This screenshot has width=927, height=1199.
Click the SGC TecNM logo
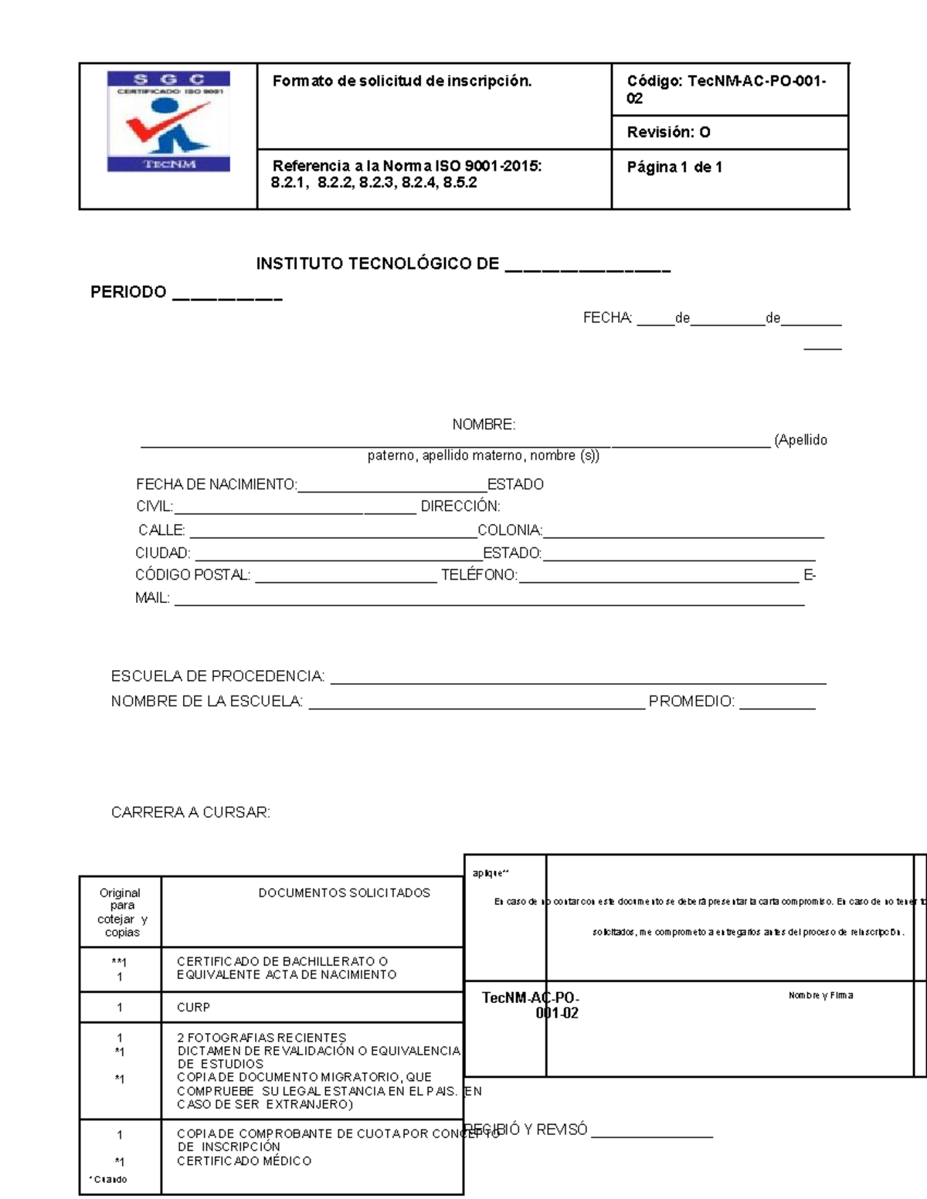(168, 121)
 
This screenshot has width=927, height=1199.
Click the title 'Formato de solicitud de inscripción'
(402, 81)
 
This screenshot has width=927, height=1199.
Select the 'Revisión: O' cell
(668, 132)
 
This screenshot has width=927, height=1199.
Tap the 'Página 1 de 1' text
(674, 167)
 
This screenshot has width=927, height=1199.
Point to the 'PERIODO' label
(128, 292)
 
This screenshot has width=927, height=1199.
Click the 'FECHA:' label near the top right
(607, 318)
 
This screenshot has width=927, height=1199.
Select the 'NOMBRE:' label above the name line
(484, 424)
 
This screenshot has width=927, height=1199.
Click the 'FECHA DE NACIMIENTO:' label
(216, 484)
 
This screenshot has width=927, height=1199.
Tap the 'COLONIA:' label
(510, 530)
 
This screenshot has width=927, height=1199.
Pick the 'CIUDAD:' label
(162, 553)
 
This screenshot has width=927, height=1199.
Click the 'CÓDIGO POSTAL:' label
(192, 575)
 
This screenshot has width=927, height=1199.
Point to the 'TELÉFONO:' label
(479, 575)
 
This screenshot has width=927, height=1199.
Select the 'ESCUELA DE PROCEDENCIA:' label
(218, 676)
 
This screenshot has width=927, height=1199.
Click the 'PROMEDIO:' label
(691, 702)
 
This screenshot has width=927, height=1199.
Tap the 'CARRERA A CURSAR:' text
(191, 812)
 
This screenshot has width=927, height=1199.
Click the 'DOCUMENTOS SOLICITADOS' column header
(344, 892)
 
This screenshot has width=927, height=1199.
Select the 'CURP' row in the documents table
(193, 1008)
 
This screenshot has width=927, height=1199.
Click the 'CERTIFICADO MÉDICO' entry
(244, 1161)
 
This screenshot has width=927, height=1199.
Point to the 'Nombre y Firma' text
(820, 995)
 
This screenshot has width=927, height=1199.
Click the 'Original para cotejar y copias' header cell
(121, 913)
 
